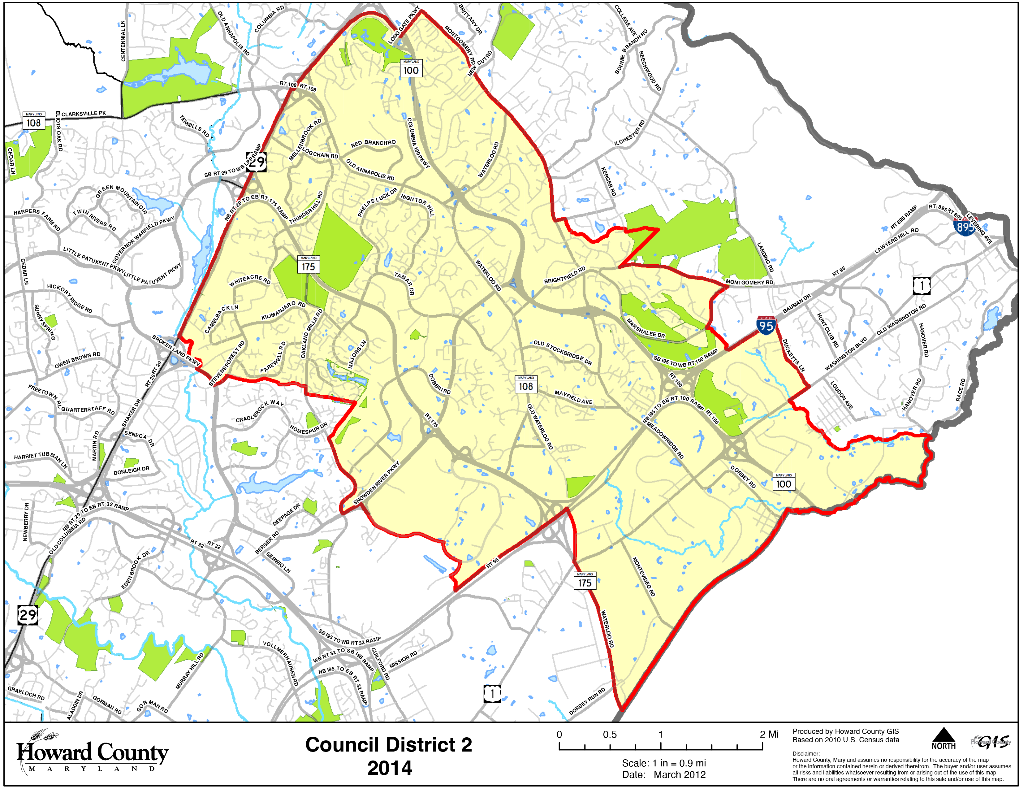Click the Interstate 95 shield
coord(766,325)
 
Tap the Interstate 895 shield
coord(965,227)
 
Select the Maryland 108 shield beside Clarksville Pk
coord(34,121)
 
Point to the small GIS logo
coord(991,742)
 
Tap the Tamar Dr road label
coord(404,283)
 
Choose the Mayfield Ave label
coord(573,397)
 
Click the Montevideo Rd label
coord(644,576)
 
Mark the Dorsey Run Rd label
coord(587,701)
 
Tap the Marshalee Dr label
coord(645,327)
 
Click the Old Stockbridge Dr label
coord(563,353)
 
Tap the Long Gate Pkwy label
coord(404,26)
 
